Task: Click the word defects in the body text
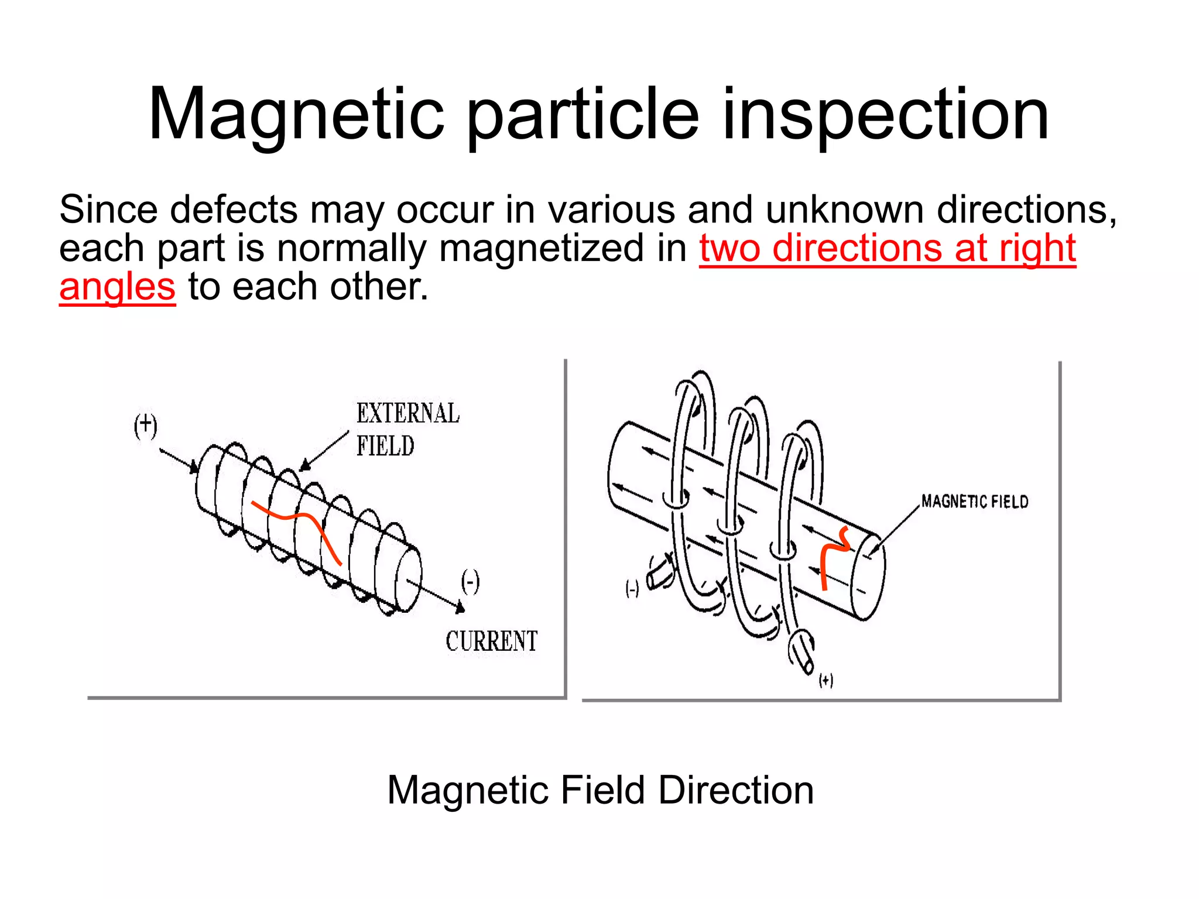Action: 234,209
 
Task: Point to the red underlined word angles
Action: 117,287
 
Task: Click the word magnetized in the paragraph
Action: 542,248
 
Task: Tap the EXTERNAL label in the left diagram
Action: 408,413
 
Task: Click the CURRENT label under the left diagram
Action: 491,641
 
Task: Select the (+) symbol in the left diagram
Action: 145,426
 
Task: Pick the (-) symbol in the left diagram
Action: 470,581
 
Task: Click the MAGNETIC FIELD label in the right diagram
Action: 974,502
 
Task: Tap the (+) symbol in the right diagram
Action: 825,680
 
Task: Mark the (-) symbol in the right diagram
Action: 632,589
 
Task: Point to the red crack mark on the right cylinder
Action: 831,556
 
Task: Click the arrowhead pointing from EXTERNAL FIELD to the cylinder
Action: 304,466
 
